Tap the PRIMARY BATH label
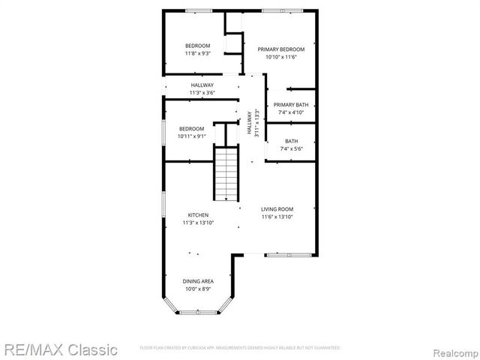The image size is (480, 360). (x=290, y=105)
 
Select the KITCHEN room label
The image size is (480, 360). (x=198, y=215)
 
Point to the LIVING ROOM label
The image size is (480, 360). (x=277, y=209)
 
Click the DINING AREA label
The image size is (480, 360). (x=198, y=281)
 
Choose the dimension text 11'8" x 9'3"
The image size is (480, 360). (x=198, y=54)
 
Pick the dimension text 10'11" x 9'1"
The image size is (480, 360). (x=191, y=136)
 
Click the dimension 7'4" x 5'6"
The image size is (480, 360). (x=290, y=148)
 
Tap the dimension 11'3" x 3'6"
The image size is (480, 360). (x=202, y=93)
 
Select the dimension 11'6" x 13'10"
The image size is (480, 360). (x=277, y=217)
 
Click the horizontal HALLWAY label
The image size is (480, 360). (x=202, y=85)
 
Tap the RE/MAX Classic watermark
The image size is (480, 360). (x=59, y=349)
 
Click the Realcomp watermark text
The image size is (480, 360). (x=452, y=350)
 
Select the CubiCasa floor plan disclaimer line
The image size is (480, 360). (x=240, y=348)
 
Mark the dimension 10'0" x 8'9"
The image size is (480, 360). (x=198, y=289)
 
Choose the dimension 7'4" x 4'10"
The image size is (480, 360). (x=290, y=112)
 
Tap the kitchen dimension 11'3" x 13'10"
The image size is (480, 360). (x=198, y=223)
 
